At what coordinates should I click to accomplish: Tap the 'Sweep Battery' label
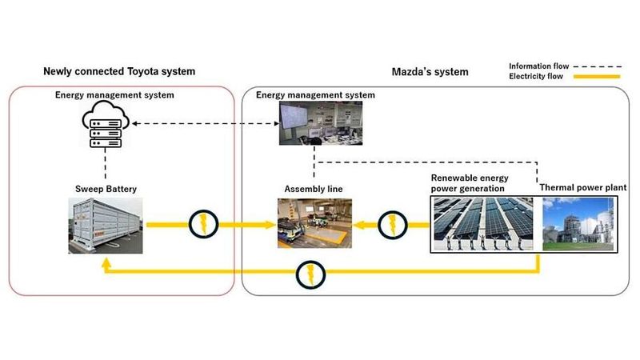pyautogui.click(x=105, y=189)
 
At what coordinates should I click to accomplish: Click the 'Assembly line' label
pyautogui.click(x=313, y=189)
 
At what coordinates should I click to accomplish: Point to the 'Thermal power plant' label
pyautogui.click(x=582, y=187)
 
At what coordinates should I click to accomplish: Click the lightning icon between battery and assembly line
pyautogui.click(x=202, y=225)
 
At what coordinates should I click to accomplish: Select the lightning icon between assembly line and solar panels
pyautogui.click(x=392, y=225)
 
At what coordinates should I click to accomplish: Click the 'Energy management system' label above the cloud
pyautogui.click(x=114, y=95)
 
